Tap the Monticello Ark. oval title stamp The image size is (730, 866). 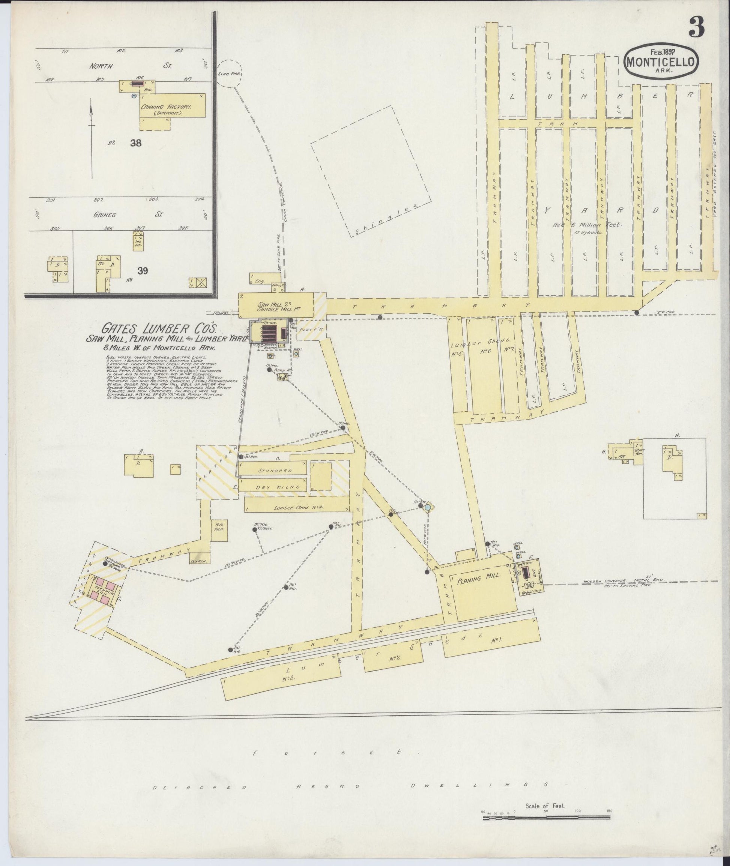coord(661,62)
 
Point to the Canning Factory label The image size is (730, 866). coord(166,107)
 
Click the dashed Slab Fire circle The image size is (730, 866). coord(229,73)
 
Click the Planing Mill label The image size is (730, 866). coord(479,577)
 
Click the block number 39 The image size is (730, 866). coord(143,271)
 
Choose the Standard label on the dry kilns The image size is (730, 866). coord(275,471)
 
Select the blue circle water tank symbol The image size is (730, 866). coord(428,506)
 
